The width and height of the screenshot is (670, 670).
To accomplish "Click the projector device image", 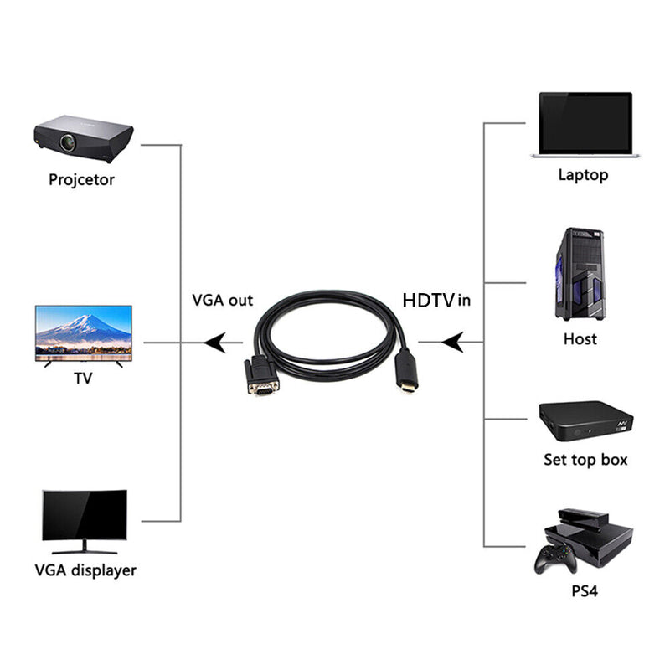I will click(x=84, y=137).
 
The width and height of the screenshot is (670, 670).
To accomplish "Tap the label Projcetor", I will click(x=81, y=179).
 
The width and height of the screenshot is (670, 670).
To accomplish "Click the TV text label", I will click(x=83, y=379).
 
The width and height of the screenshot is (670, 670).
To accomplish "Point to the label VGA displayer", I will click(x=85, y=571).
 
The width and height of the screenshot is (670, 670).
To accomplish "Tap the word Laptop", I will click(x=583, y=175).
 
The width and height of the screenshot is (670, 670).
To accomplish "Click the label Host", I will click(x=580, y=339).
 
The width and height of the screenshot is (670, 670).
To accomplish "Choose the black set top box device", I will click(x=585, y=422).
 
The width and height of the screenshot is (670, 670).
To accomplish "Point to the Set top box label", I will click(x=585, y=460).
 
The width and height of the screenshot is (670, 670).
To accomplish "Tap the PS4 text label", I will click(x=585, y=591).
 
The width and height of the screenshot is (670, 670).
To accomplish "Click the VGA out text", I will click(x=222, y=300).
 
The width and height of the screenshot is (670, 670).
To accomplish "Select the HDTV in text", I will click(x=436, y=300).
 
